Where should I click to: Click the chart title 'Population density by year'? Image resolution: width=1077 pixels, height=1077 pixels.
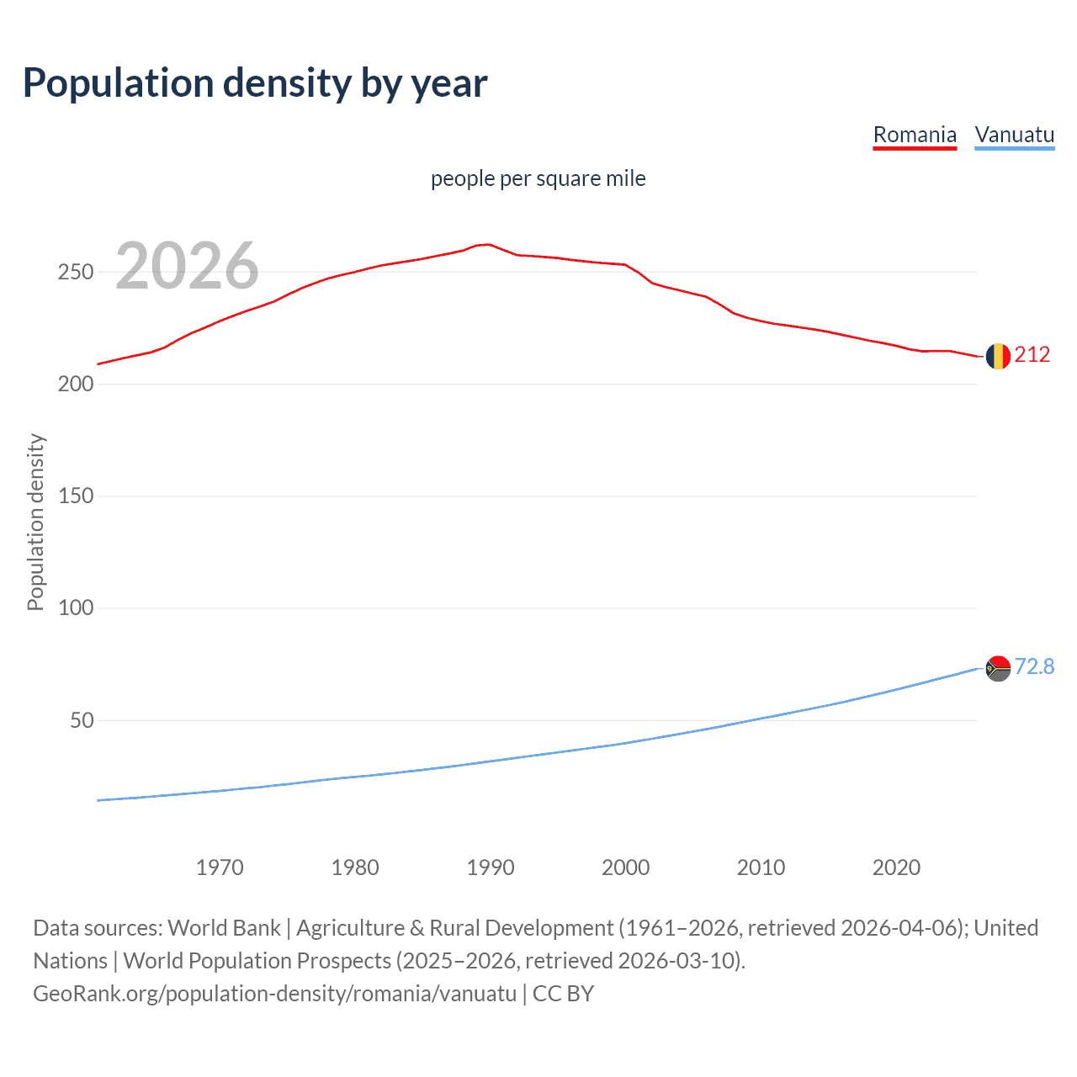coord(255,83)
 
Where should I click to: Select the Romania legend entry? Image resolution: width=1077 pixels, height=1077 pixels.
coord(915,135)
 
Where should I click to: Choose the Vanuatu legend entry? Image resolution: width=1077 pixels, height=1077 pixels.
coord(1014,135)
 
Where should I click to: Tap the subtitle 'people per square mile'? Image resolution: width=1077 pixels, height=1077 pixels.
coord(538,179)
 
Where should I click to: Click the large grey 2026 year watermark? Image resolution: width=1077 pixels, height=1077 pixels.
coord(187,266)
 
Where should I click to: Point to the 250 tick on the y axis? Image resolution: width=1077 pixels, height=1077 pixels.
coord(75,273)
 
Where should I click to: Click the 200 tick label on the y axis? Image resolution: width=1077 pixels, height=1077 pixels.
coord(75,385)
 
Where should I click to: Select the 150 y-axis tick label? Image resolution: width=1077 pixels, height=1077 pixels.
coord(75,496)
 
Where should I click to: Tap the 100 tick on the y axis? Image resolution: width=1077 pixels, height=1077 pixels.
coord(75,608)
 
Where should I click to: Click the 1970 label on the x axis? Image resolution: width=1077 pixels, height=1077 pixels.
coord(220,867)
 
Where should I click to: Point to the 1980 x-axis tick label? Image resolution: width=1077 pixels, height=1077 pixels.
coord(355,867)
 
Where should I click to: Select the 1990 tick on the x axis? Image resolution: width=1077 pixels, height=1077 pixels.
coord(491,867)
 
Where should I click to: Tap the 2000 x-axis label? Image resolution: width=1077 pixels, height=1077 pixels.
coord(625,867)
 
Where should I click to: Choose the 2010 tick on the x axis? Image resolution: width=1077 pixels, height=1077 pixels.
coord(761,867)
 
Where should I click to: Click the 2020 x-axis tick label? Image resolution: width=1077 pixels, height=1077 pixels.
coord(896,867)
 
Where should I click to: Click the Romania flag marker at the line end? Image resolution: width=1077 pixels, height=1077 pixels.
coord(998,356)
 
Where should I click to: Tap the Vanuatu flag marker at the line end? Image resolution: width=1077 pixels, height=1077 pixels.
coord(998,668)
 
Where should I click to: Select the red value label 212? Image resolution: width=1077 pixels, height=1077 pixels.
coord(1032,355)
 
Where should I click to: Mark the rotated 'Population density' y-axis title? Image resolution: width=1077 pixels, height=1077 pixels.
coord(35,522)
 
